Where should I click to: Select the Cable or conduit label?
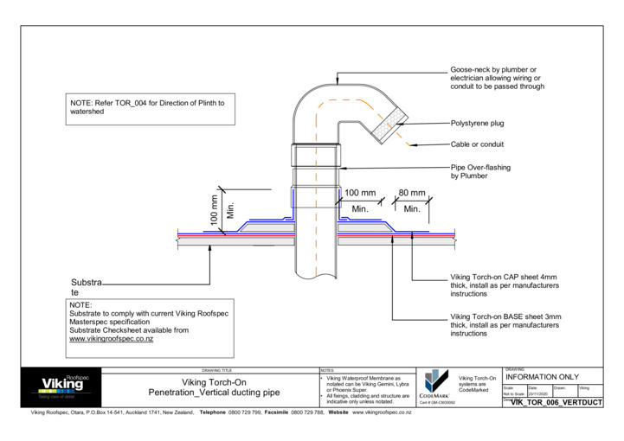coord(477,144)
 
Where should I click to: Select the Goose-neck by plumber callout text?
coord(497,78)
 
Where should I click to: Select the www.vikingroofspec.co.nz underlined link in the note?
coord(111,340)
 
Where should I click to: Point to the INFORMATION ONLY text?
coord(541,377)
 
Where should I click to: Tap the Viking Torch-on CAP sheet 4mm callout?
coord(505,285)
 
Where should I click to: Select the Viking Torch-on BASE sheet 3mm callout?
coord(505,325)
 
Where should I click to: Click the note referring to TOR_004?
coord(147,107)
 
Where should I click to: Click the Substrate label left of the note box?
coord(87,288)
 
